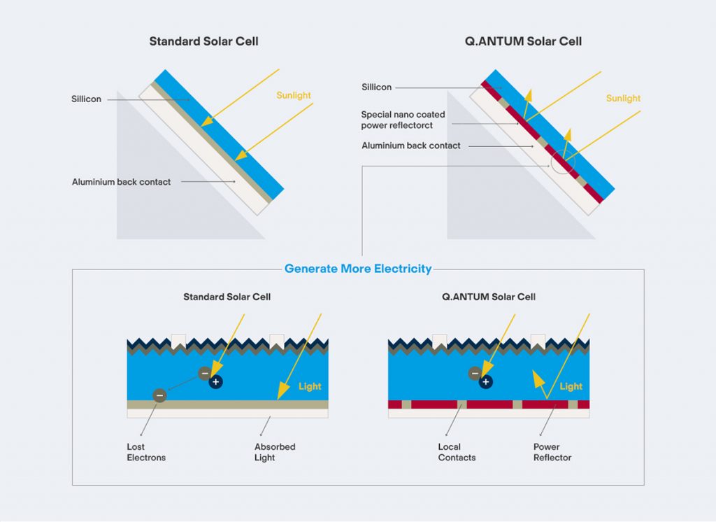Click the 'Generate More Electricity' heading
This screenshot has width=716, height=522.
point(358,269)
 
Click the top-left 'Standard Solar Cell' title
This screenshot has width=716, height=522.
point(203,41)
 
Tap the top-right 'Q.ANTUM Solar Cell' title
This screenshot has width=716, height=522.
point(523,41)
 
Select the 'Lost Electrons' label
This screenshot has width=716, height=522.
point(146,452)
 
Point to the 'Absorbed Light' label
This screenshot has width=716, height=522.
point(275,452)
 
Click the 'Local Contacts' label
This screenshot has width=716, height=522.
point(457,452)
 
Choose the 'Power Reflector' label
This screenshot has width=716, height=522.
point(552,452)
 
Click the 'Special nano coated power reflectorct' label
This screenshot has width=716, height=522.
point(403,120)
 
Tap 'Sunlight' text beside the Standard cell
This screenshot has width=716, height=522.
point(294,96)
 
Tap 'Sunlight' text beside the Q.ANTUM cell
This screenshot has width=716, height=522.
point(623,98)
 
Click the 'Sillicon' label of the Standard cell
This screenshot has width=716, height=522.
point(86,99)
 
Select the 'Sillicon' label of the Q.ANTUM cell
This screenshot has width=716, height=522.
point(377,87)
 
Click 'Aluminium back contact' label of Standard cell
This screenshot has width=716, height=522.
point(122,182)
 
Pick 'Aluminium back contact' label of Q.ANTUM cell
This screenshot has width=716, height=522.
point(411,146)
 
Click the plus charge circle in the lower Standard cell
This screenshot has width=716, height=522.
point(215,381)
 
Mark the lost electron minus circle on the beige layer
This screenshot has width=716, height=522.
point(159,395)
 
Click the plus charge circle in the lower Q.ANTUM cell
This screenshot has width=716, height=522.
point(485,381)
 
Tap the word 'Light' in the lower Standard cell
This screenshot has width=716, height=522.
point(310,387)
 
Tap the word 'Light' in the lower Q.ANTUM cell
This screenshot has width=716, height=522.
point(571,387)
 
